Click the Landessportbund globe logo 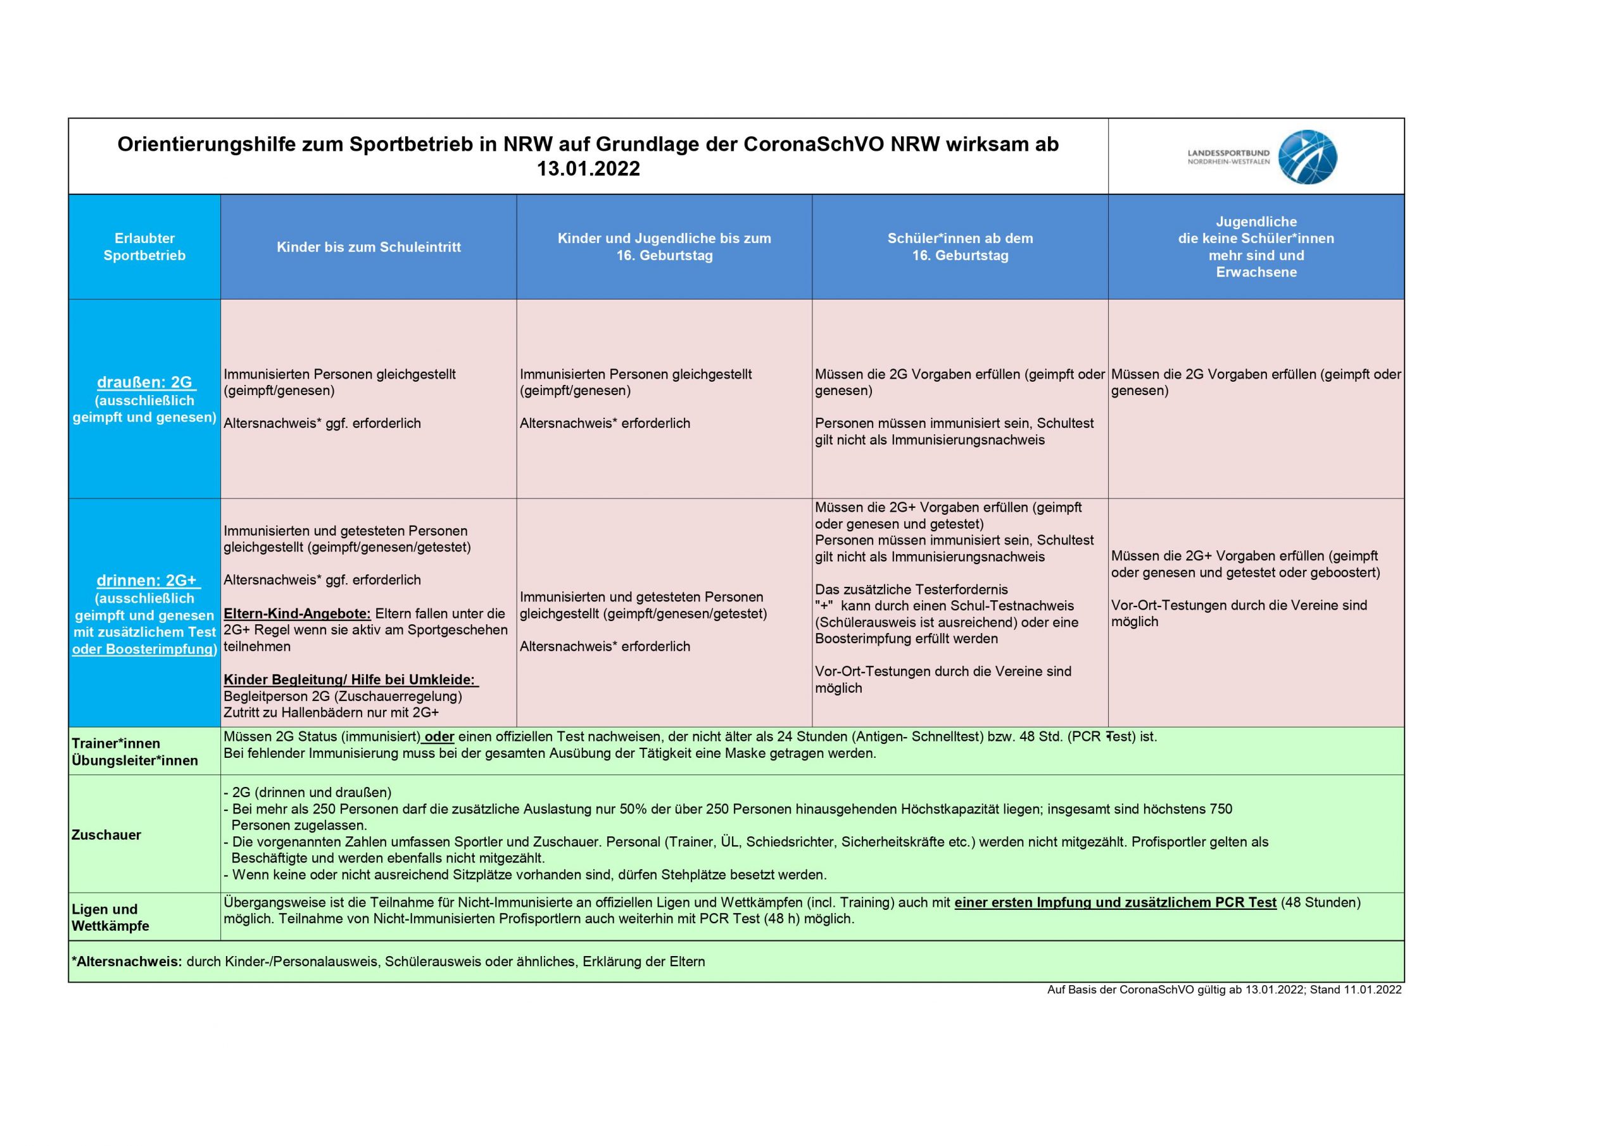pos(1308,157)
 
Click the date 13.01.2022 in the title pos(588,170)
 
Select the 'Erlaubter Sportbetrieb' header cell pos(145,247)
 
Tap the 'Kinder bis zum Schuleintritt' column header pos(369,247)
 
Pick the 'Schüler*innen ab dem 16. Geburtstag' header pos(960,247)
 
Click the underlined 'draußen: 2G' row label pos(146,382)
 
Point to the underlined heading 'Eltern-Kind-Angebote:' pos(296,614)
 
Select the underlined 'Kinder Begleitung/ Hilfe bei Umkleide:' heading pos(350,679)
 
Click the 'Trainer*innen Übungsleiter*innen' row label pos(134,752)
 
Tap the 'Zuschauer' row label pos(106,834)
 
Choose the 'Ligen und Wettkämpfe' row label pos(110,917)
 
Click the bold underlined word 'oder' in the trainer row pos(439,736)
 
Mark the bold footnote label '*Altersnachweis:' pos(127,962)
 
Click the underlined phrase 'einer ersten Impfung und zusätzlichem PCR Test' pos(1115,902)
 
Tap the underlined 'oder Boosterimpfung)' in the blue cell pos(144,650)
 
